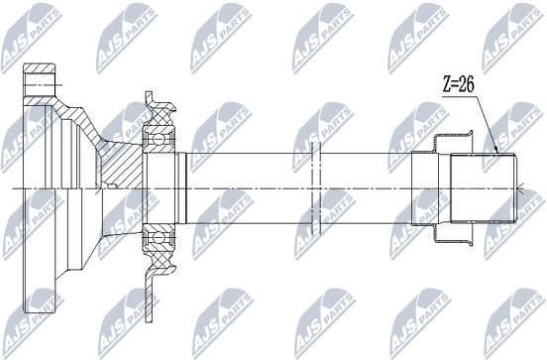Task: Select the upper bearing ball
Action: click(x=156, y=140)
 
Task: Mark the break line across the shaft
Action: click(x=312, y=188)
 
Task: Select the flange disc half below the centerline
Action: click(x=35, y=258)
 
